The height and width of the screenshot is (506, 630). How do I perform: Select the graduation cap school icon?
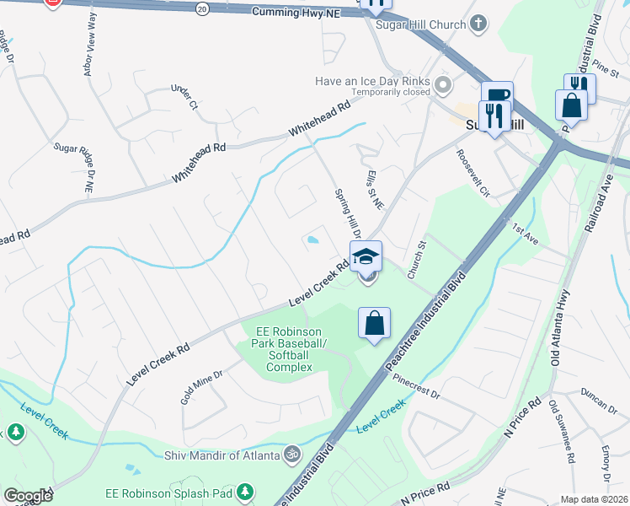coord(366,256)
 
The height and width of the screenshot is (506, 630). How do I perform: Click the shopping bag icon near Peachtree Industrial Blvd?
coord(374,323)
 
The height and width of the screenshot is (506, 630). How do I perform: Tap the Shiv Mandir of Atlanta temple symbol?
coord(292,455)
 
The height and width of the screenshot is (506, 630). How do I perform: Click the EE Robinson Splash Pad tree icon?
coord(245,490)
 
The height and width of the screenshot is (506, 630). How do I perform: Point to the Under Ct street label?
coord(183,98)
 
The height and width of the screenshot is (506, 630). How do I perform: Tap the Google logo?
coord(28,496)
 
